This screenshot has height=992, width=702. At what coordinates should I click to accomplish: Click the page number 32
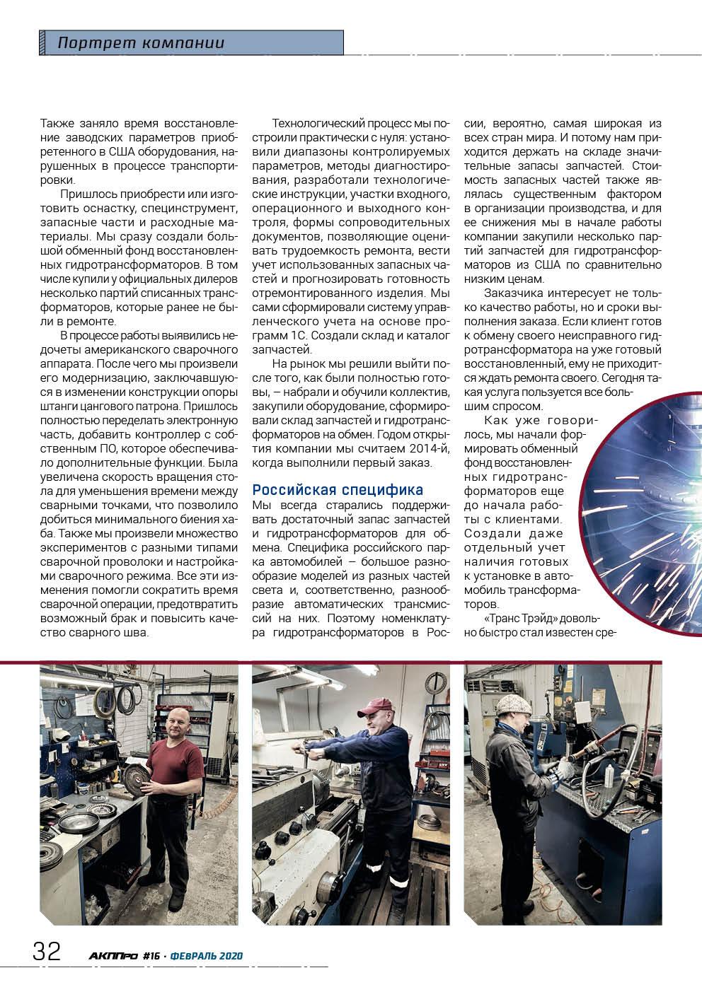point(47,951)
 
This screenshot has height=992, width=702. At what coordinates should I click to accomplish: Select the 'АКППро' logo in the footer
point(114,956)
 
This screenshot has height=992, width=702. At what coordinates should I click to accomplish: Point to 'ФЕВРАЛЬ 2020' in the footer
point(207,956)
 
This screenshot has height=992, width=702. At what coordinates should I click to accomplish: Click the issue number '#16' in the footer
point(151,956)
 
